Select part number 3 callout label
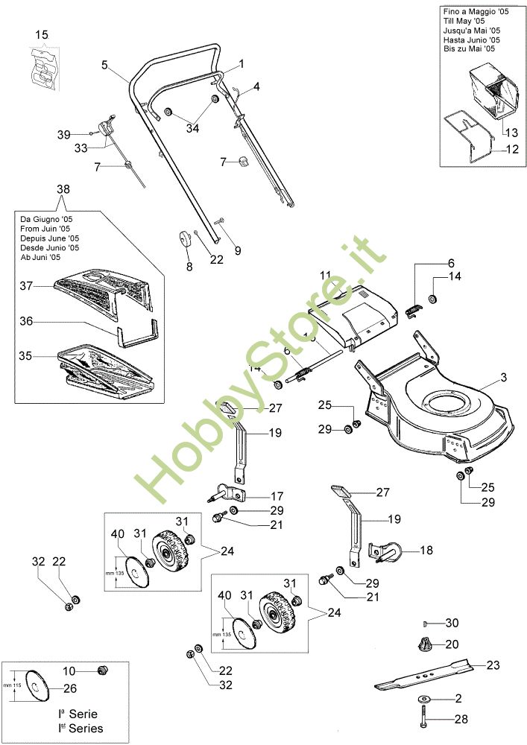503,378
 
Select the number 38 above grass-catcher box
62,189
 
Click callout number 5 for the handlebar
105,65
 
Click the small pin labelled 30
423,622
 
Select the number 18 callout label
426,551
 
